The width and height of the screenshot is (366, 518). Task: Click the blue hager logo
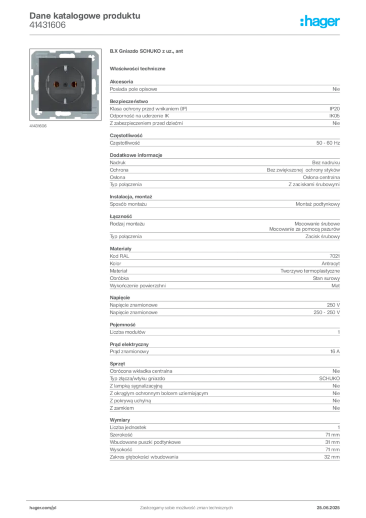(321, 22)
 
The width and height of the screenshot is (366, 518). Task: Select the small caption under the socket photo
(38, 126)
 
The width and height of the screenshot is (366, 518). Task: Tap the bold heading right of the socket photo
(148, 52)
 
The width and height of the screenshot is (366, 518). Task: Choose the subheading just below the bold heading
(140, 68)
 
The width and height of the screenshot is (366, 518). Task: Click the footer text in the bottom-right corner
(332, 505)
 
